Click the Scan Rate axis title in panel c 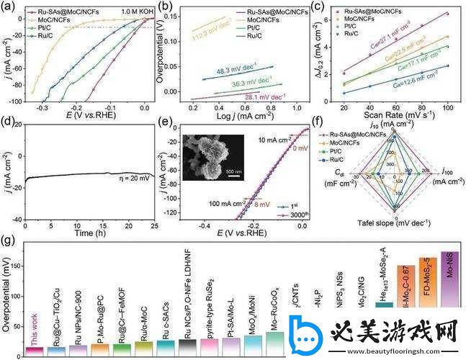click(390, 114)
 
